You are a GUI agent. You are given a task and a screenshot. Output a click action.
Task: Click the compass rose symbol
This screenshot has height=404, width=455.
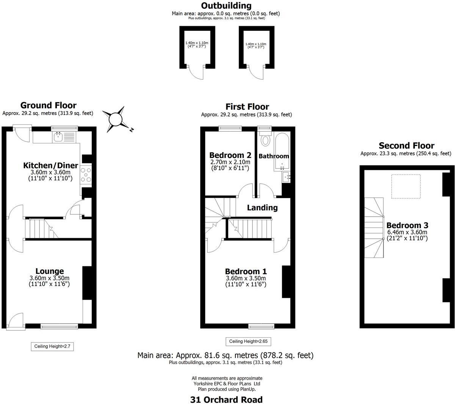click(116, 119)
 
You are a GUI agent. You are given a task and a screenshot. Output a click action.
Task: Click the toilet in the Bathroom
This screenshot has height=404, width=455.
click(265, 140)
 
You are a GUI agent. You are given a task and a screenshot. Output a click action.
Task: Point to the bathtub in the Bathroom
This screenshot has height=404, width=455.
click(282, 152)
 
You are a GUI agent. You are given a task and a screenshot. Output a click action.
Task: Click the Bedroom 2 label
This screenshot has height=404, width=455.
click(230, 155)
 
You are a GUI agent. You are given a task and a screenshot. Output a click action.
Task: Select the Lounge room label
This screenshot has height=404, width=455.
click(50, 271)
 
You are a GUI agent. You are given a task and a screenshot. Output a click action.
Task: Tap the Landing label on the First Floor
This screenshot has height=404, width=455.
click(262, 208)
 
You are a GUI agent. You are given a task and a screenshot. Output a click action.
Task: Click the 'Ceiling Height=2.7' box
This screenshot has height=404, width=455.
click(52, 346)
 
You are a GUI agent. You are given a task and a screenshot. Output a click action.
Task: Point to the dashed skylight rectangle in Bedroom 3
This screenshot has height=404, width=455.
click(406, 186)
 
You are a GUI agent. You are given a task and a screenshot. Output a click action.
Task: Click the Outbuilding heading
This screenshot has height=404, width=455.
click(226, 6)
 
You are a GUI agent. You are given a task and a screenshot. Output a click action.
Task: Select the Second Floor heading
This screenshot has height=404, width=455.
click(406, 146)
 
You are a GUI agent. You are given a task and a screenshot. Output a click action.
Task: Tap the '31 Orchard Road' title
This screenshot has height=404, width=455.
click(226, 399)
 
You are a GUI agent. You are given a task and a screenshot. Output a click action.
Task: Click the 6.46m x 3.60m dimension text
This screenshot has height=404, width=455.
click(407, 232)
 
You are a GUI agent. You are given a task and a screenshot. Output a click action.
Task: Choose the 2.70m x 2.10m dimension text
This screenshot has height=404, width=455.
click(230, 162)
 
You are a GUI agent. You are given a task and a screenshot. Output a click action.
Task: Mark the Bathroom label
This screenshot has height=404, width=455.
click(274, 156)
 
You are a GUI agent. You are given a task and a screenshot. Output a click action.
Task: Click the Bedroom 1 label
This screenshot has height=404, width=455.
click(246, 272)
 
